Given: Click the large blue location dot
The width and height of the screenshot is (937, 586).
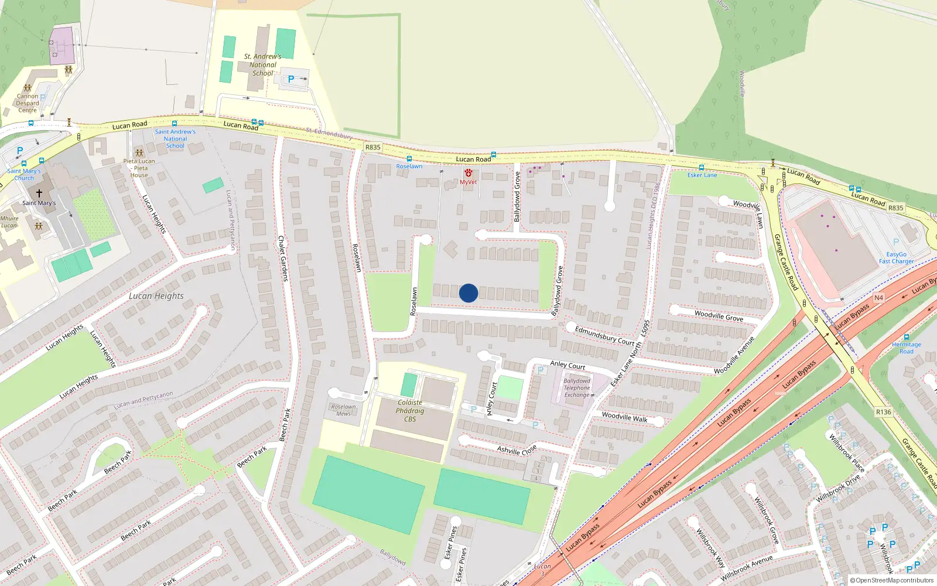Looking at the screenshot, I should pos(468,293).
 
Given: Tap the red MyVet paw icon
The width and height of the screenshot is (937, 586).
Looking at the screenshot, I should pos(468,173).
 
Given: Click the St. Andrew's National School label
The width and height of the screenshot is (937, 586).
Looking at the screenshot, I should pos(263,65).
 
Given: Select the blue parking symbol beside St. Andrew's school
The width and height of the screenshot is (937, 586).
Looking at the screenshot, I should pos(291,79).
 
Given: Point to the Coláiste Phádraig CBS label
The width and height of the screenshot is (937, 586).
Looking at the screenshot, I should pos(410,411).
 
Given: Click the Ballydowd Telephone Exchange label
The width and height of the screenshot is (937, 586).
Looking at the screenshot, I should pos(577,388).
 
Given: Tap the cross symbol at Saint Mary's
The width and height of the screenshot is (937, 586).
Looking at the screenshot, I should pos(39,193).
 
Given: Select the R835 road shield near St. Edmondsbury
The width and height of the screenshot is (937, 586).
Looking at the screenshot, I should pos(372,148).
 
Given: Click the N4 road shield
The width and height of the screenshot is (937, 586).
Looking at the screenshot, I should pos(878,298).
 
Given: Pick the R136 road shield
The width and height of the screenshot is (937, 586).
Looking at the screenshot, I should pos(883,412).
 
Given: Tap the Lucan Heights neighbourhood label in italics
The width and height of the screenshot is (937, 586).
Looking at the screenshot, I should pos(156,296).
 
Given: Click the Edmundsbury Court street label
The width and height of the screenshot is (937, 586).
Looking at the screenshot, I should pos(604,336).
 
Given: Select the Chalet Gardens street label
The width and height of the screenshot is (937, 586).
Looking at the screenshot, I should pos(283,258).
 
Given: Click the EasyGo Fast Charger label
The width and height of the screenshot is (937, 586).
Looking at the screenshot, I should pos(896,258).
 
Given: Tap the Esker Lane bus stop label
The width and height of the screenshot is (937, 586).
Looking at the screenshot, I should pos(702,175).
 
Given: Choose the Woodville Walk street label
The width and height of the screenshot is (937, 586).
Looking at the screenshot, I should pos(625,417).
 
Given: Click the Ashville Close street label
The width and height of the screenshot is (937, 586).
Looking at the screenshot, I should pos(517,451).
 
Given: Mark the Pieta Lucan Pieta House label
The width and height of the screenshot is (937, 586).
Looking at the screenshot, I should pos(139,168).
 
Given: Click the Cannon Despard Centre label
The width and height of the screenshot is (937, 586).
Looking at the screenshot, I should pos(28,103).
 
